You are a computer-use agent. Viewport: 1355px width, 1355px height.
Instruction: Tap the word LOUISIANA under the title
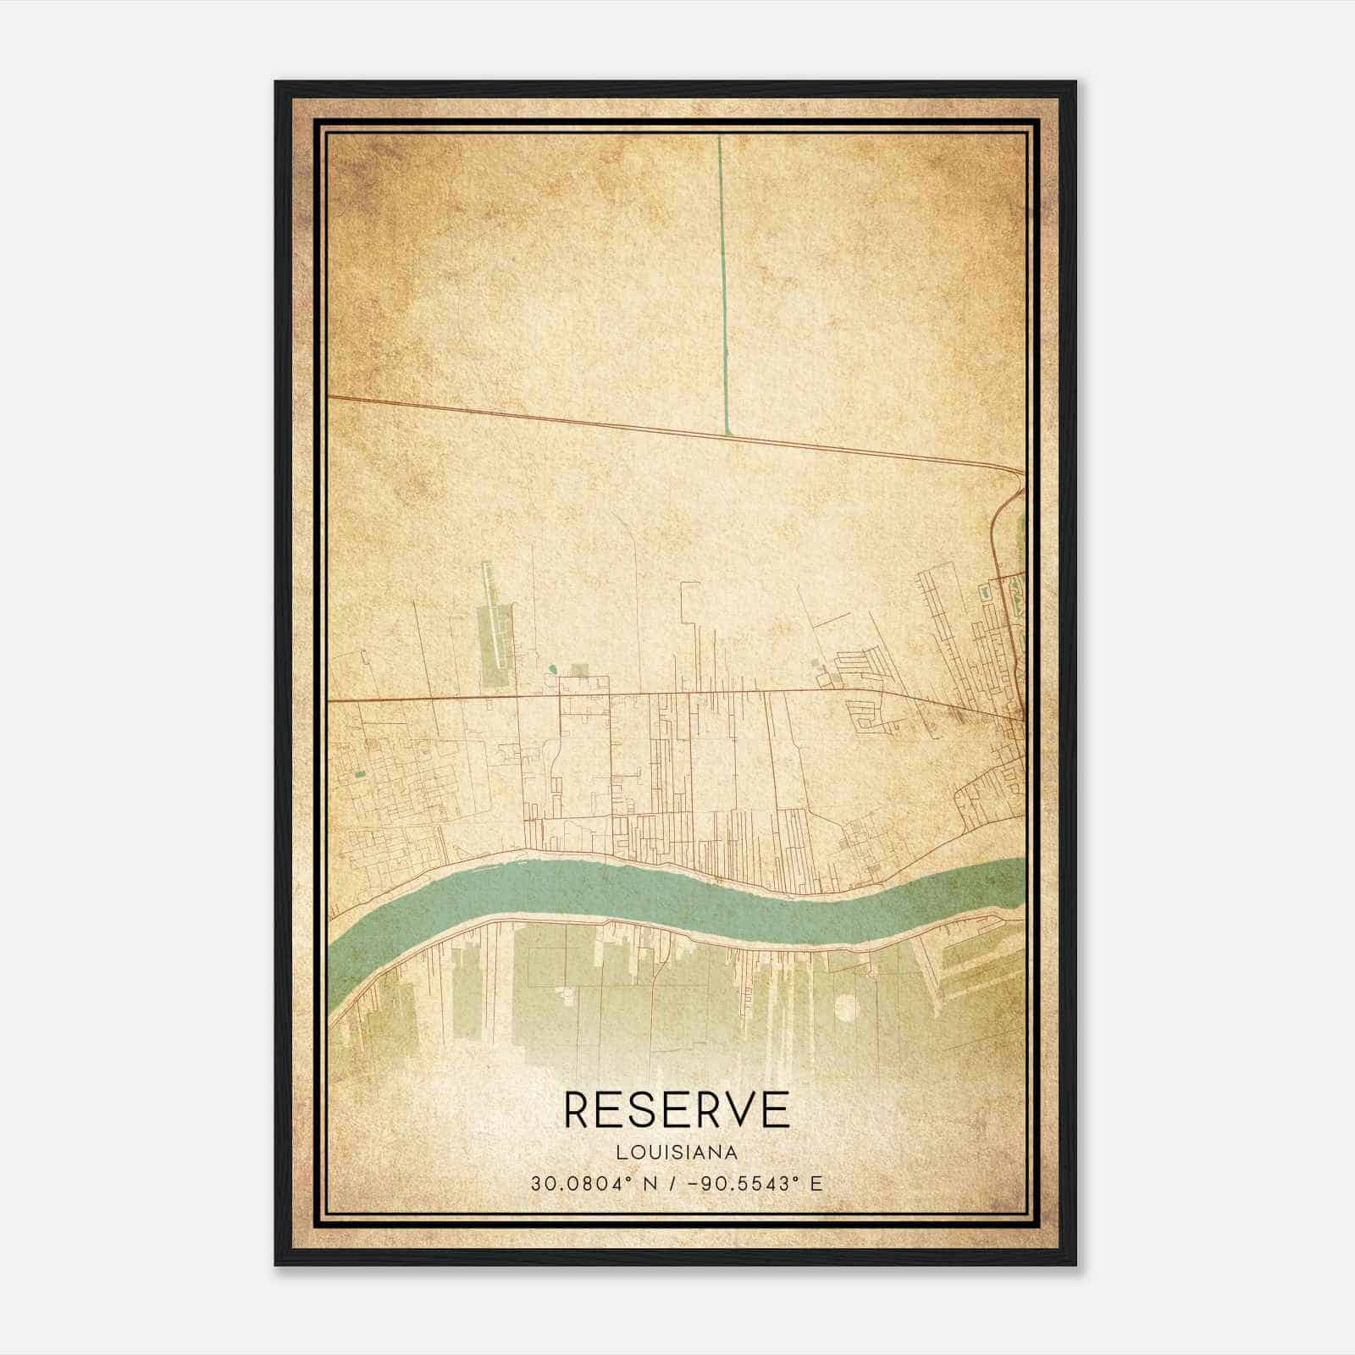pyautogui.click(x=677, y=1153)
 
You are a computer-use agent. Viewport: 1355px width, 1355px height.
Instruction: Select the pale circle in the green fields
pyautogui.click(x=845, y=1007)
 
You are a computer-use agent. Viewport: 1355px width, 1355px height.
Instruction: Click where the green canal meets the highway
pyautogui.click(x=727, y=435)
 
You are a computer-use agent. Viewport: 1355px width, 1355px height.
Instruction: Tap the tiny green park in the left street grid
pyautogui.click(x=360, y=774)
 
